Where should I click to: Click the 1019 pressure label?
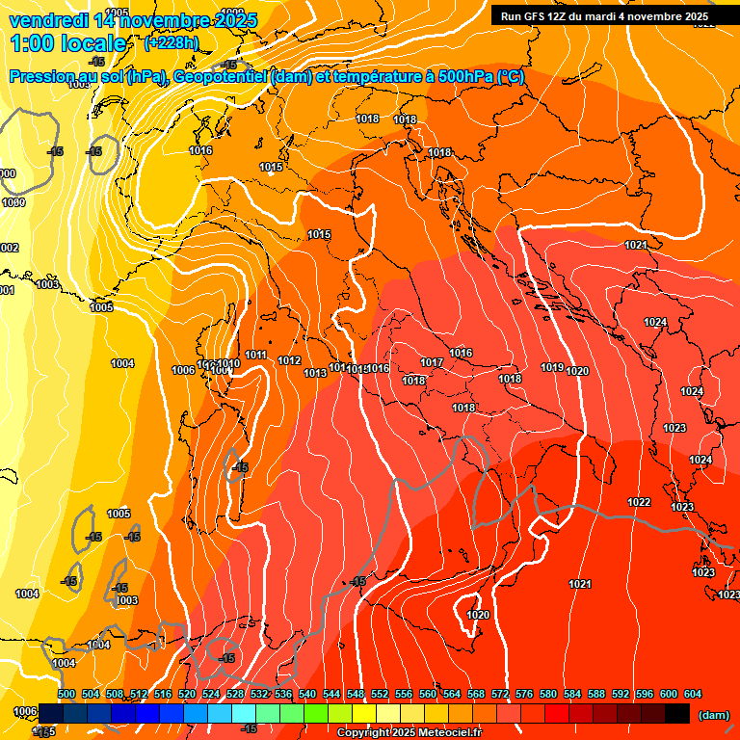(551, 367)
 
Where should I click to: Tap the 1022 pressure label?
(638, 502)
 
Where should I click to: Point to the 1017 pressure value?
(431, 362)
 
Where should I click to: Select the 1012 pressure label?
(289, 361)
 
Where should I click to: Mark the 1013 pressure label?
(314, 373)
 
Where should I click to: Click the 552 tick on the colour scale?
(380, 694)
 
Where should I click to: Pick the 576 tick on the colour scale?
(524, 694)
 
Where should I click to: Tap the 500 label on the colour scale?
(66, 694)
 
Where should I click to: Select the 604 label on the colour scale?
(693, 694)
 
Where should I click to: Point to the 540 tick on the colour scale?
(307, 694)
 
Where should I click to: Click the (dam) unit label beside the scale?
(713, 715)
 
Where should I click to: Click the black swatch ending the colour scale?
(677, 713)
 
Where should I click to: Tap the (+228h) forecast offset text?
(173, 43)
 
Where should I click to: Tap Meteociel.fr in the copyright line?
(447, 733)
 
